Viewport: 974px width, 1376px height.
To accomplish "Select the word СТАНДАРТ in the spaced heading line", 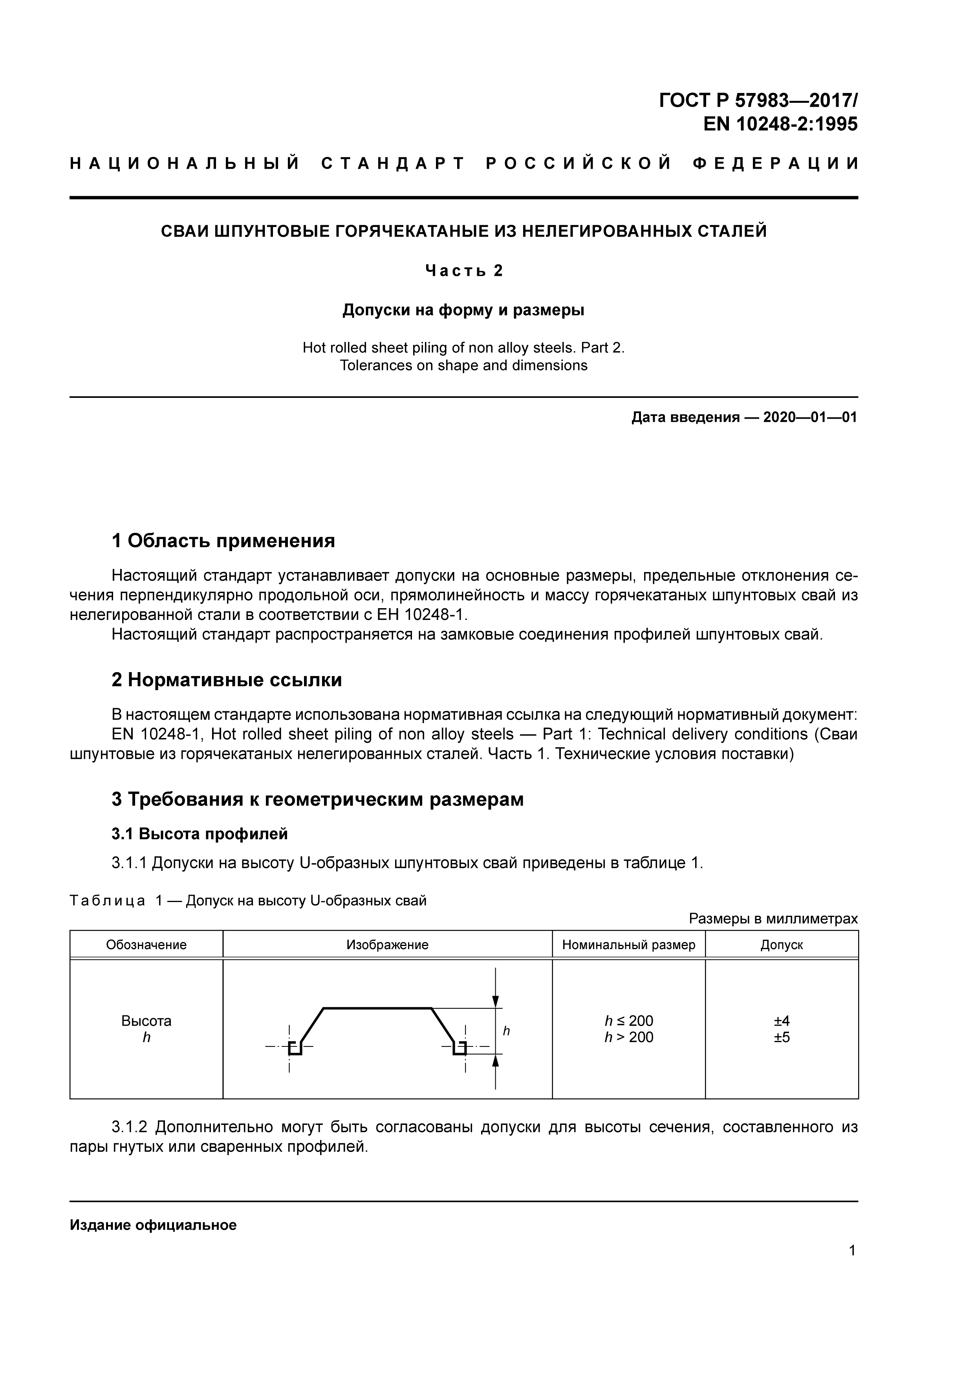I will [393, 164].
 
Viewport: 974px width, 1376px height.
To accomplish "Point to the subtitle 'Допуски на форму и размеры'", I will [463, 310].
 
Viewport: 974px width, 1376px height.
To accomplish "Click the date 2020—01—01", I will [810, 418].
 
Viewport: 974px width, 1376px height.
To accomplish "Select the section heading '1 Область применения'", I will [223, 541].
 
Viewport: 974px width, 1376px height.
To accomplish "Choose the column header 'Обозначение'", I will [146, 945].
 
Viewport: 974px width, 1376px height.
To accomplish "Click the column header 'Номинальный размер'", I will [628, 945].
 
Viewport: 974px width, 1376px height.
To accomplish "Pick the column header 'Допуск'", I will [782, 945].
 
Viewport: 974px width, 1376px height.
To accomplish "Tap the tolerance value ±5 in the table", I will [782, 1037].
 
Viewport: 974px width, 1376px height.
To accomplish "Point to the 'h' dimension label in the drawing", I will [506, 1031].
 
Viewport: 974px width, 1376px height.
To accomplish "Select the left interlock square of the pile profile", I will [295, 1048].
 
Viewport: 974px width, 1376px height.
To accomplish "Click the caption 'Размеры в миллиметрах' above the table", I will [773, 919].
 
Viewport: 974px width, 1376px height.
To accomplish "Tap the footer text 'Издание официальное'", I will [153, 1225].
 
